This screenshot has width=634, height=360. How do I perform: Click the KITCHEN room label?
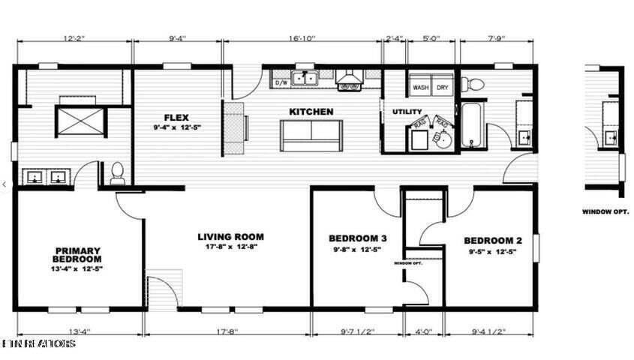pyautogui.click(x=311, y=112)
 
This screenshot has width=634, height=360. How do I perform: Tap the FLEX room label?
pyautogui.click(x=178, y=117)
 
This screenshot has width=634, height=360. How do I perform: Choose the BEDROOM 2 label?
pyautogui.click(x=492, y=240)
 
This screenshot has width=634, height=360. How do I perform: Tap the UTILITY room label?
pyautogui.click(x=402, y=112)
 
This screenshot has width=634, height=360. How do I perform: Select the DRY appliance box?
pyautogui.click(x=443, y=87)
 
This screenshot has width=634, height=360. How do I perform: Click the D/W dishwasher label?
pyautogui.click(x=282, y=82)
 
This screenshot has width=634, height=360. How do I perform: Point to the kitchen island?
pyautogui.click(x=310, y=135)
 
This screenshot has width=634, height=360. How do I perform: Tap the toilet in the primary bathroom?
pyautogui.click(x=117, y=174)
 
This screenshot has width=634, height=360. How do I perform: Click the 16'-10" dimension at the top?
pyautogui.click(x=303, y=37)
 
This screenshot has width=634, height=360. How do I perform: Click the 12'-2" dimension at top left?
pyautogui.click(x=74, y=37)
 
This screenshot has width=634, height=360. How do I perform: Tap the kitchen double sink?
pyautogui.click(x=305, y=77)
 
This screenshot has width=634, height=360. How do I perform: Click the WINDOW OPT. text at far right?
pyautogui.click(x=605, y=211)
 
